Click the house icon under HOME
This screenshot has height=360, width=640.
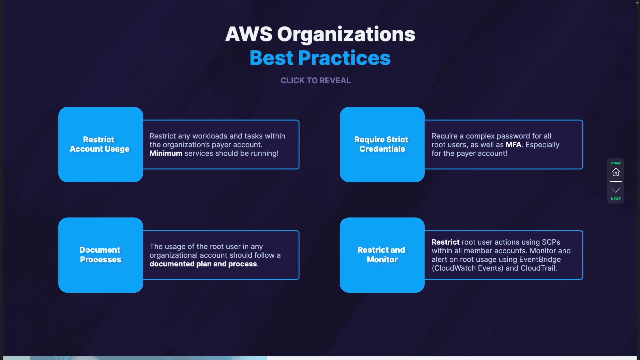(x=616, y=172)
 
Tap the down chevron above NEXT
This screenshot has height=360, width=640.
(x=616, y=190)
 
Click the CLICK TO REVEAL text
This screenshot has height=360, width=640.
(x=315, y=80)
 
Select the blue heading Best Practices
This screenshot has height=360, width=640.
(x=320, y=58)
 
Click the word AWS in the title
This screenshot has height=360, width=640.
(x=249, y=34)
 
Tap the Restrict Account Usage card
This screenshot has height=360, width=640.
(x=100, y=144)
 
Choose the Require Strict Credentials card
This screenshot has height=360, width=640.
(x=382, y=144)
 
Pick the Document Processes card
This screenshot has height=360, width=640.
(x=100, y=255)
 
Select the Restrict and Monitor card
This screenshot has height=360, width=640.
(x=382, y=255)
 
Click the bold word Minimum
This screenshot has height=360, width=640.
(x=166, y=153)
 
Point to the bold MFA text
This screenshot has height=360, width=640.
(x=513, y=145)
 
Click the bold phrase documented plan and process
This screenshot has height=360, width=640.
(x=203, y=264)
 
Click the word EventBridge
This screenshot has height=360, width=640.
(x=540, y=259)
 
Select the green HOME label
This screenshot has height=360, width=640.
(x=616, y=163)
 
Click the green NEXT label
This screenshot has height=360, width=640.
(x=616, y=199)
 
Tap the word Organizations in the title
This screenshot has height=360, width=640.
(x=346, y=34)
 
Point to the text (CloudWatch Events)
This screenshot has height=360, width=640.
(x=467, y=268)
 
